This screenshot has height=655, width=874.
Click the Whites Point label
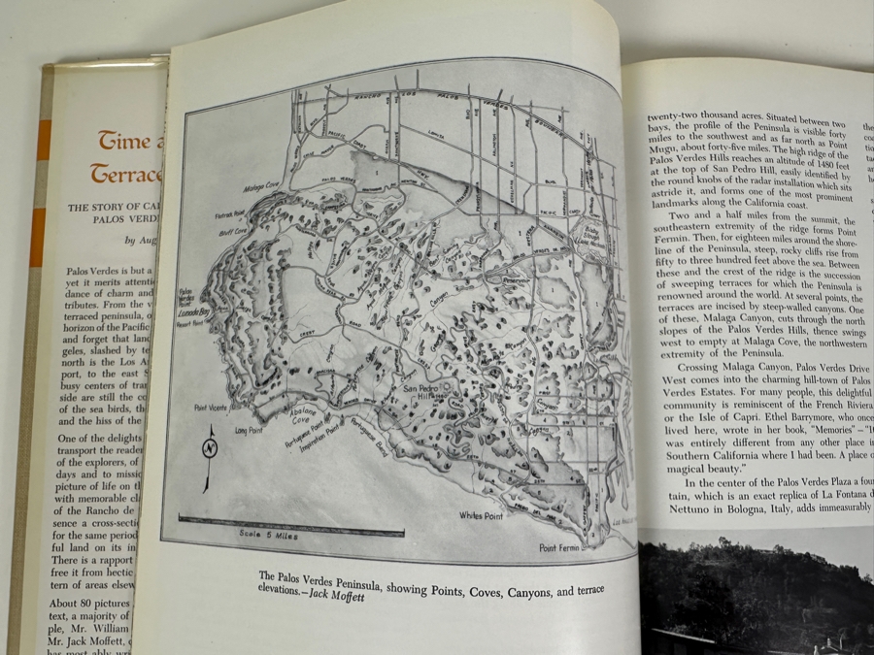[x=480, y=515]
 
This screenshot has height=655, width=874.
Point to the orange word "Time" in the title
[x=122, y=142]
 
